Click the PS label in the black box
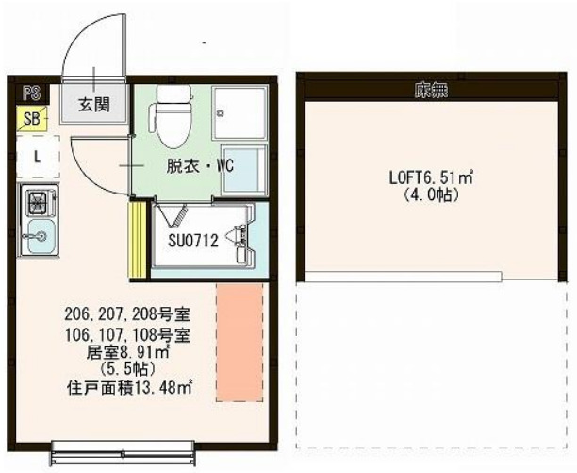pos(30,92)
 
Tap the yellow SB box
pos(31,118)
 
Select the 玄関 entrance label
pos(92,102)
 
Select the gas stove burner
pos(39,203)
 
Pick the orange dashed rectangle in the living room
pos(239,341)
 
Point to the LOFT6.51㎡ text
pos(430,177)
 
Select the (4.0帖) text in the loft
pos(429,194)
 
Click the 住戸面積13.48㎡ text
pos(129,386)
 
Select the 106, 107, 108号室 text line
pos(129,334)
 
